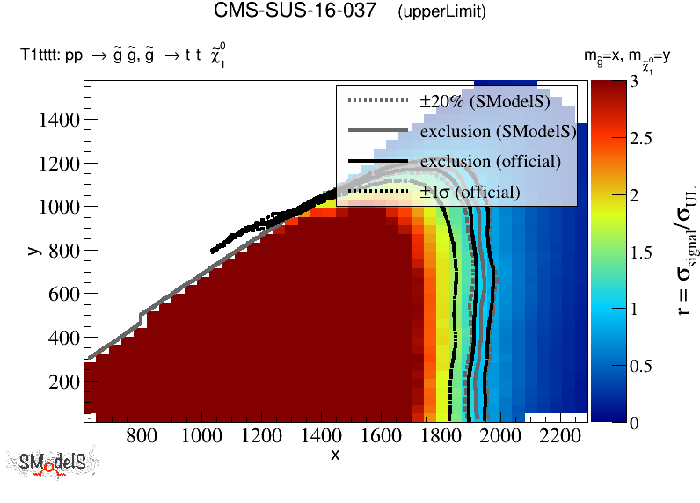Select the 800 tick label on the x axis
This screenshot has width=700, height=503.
coord(142,434)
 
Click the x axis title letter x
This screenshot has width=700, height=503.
coord(335,454)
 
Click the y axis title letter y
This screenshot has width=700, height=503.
coord(33,250)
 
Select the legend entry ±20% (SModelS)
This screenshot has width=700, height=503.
coord(485,102)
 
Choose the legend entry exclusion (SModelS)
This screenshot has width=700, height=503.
coord(497,132)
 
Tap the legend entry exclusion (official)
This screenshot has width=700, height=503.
coord(490,162)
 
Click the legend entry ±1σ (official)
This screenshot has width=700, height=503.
coord(470,191)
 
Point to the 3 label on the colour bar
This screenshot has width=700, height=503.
coord(640,82)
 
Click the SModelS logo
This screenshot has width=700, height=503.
coord(57,463)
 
